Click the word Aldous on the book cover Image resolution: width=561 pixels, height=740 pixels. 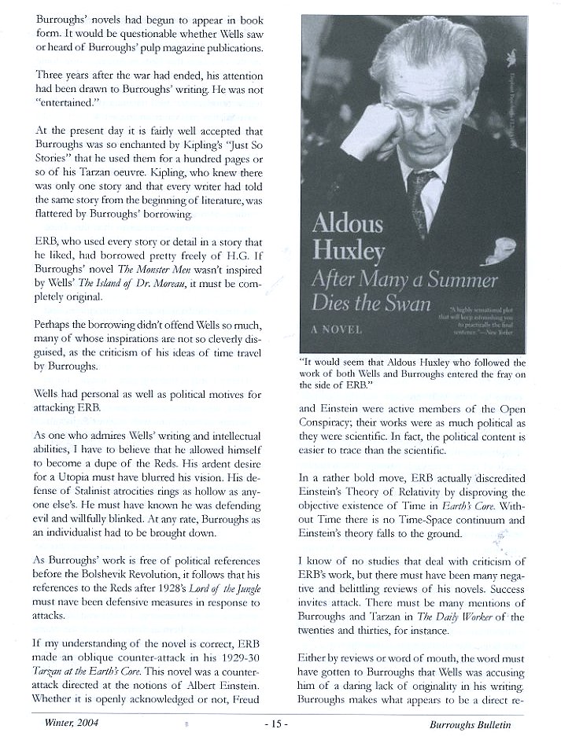point(348,223)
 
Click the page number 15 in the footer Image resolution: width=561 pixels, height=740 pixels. point(281,726)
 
